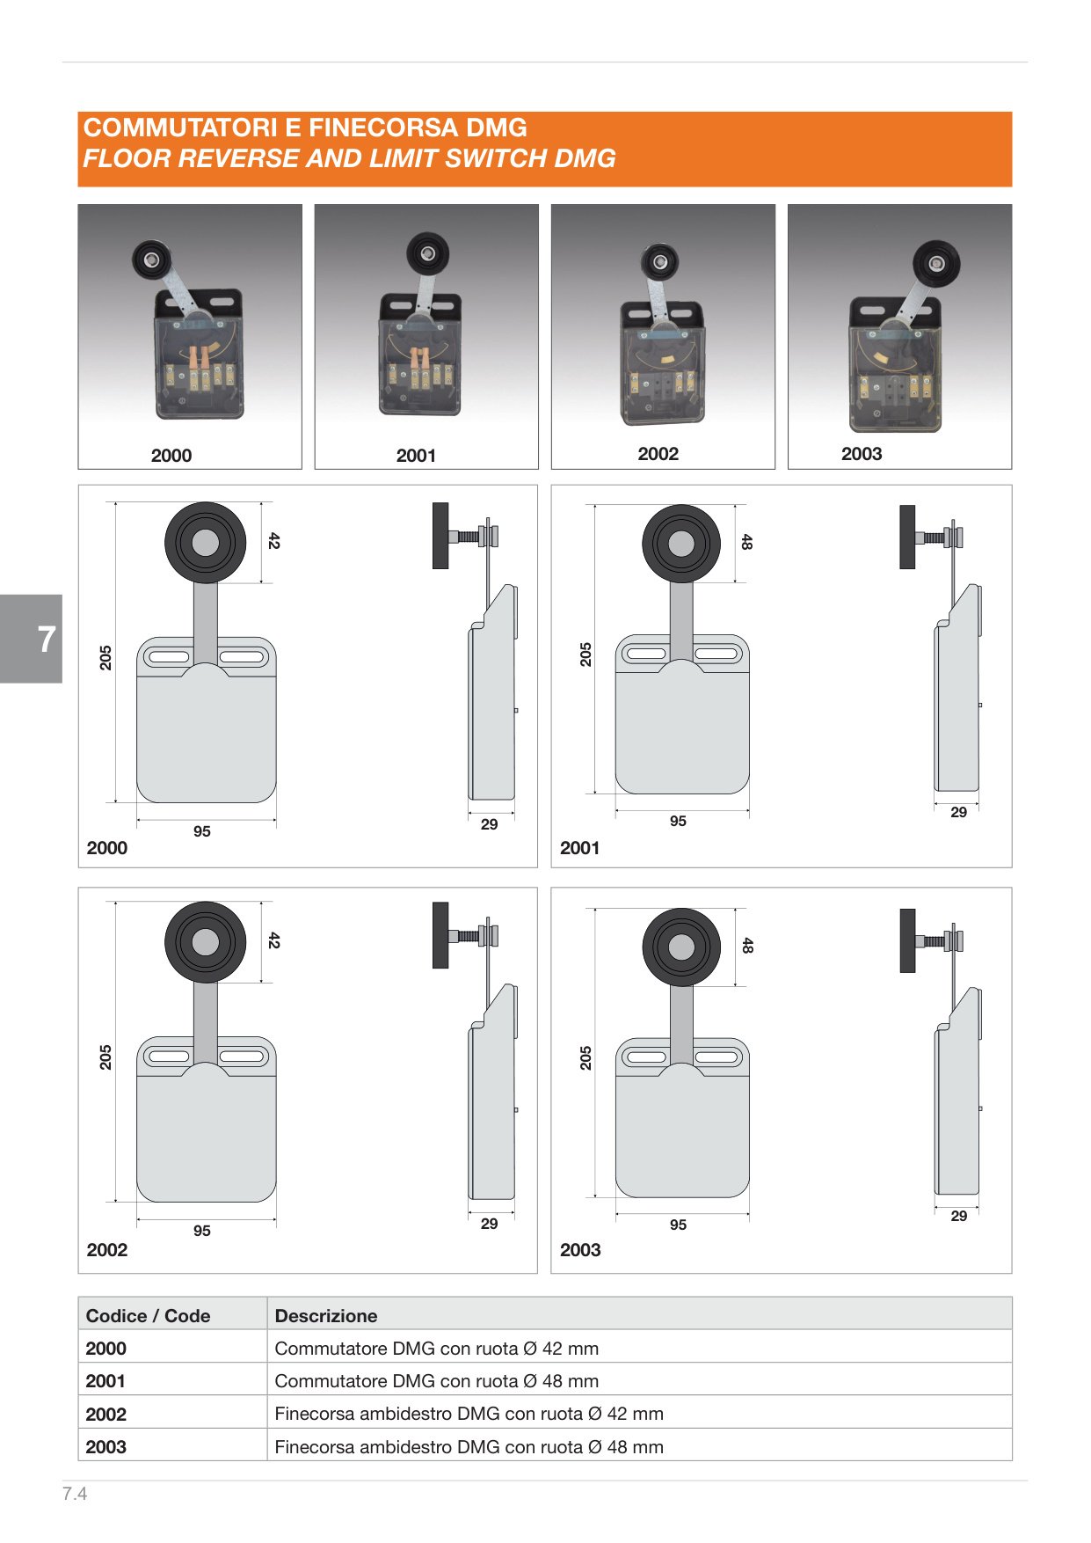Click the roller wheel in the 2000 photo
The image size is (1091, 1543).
151,260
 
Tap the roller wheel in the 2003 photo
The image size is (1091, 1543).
935,265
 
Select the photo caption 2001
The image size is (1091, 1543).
416,456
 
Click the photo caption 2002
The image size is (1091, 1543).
658,454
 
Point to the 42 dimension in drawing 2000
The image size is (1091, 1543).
274,540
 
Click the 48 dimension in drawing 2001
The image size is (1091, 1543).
746,542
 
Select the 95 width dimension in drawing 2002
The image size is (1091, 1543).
202,1231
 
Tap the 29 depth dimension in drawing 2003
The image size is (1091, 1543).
959,1216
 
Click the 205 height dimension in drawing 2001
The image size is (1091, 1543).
586,654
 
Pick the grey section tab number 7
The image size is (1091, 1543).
47,639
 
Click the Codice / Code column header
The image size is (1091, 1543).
148,1316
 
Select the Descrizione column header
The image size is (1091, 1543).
326,1316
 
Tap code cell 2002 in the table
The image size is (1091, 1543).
106,1415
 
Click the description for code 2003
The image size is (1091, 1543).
469,1447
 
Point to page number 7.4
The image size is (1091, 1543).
75,1494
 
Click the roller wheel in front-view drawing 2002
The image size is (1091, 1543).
206,942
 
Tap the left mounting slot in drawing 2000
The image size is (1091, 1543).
171,656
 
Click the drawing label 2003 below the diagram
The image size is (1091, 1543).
580,1250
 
